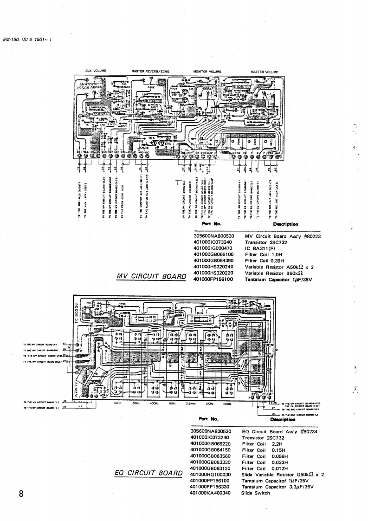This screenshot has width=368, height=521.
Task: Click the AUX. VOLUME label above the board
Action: point(97,71)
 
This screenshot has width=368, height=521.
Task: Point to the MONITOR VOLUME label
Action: point(207,72)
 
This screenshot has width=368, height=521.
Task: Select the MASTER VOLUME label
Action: point(264,72)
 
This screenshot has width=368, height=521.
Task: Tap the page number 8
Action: point(20,493)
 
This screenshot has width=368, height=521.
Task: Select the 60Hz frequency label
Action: point(117,403)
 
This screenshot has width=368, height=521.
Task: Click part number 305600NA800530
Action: point(212,236)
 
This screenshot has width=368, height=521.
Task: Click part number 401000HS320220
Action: point(212,274)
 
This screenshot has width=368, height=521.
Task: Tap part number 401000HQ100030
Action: point(211,475)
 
